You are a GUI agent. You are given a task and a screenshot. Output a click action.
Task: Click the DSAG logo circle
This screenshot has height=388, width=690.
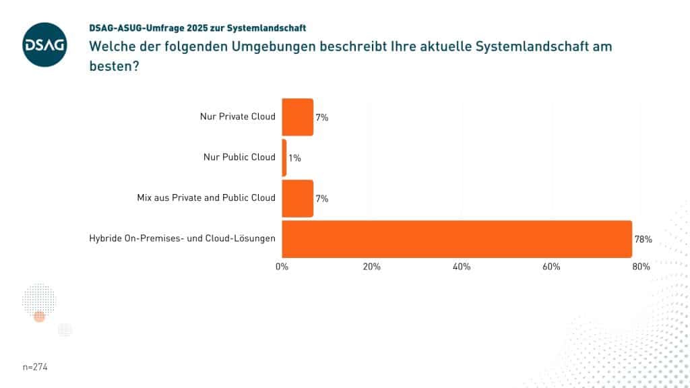44,44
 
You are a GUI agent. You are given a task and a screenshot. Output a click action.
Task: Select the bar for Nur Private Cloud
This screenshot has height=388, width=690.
297,117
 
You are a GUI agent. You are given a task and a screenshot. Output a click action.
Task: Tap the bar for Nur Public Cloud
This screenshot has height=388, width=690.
284,158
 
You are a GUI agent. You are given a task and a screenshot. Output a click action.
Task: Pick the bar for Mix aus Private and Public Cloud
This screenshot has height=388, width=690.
297,198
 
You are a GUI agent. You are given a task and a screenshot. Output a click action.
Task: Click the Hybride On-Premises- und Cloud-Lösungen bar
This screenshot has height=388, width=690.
456,238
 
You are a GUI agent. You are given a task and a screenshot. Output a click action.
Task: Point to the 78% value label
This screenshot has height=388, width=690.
644,238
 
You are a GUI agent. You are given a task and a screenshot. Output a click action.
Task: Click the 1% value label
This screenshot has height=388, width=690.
295,158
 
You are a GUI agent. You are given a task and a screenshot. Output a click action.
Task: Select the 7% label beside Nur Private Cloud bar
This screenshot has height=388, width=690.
322,117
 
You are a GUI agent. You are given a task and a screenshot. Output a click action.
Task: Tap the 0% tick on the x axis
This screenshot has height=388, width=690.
282,267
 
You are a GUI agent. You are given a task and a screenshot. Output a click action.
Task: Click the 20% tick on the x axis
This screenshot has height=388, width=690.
371,267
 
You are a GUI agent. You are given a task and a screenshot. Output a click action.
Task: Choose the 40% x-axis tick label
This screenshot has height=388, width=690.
462,267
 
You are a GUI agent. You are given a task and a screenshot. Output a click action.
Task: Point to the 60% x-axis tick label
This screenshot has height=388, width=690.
551,267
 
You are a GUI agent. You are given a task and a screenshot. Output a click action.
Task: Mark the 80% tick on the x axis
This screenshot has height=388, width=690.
641,267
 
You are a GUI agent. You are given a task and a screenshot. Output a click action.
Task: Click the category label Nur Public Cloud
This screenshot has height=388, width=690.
239,157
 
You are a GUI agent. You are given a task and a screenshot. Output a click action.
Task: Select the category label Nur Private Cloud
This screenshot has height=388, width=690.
238,117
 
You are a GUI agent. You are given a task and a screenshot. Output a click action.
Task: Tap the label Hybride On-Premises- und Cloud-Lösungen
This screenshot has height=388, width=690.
182,238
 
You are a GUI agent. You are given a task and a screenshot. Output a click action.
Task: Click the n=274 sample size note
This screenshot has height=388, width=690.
35,367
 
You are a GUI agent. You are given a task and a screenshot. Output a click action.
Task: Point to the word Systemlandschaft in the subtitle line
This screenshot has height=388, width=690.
268,28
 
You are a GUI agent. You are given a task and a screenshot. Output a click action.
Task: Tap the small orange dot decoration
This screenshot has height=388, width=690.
39,317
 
